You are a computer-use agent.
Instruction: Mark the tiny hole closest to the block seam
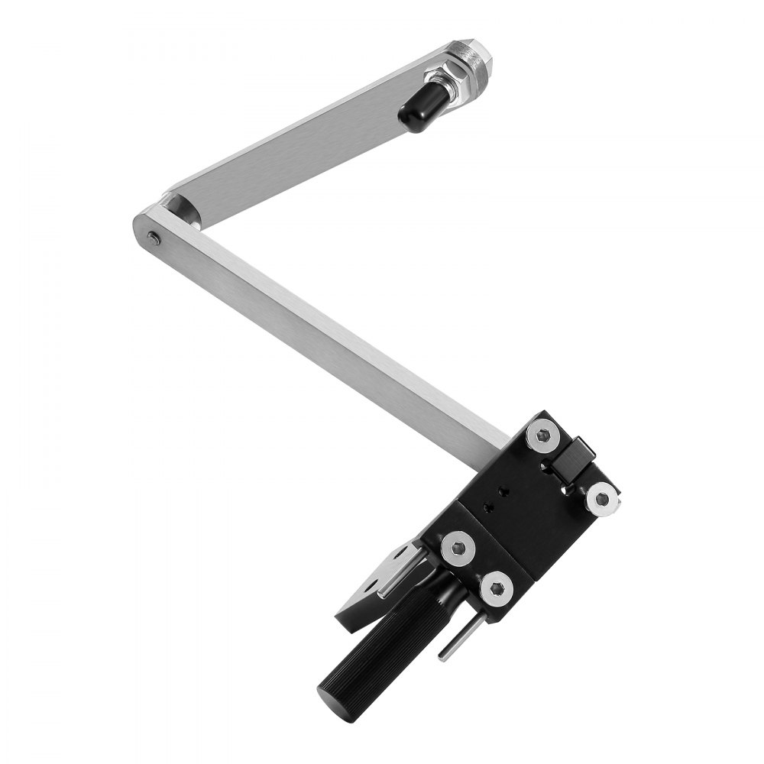pyautogui.click(x=486, y=506)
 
